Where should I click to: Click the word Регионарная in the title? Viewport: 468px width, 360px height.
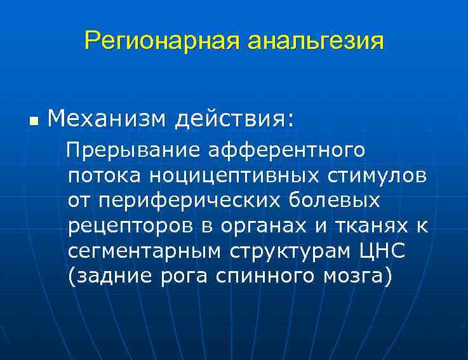point(163,42)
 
